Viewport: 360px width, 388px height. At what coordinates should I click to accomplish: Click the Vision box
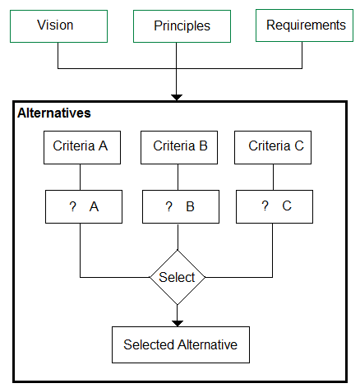coord(58,26)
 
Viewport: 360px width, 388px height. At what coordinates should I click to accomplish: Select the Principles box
coord(182,26)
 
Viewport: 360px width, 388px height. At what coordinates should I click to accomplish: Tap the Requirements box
coord(304,25)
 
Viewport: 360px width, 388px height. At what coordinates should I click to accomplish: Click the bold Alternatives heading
coord(54,113)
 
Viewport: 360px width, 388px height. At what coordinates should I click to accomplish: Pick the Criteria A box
coord(82,147)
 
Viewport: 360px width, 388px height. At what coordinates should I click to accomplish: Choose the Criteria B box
coord(179,147)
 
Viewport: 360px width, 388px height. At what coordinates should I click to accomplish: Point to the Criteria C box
coord(273,147)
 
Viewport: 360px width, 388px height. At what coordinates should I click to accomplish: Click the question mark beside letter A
coord(72,206)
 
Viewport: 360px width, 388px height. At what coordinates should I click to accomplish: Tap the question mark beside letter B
coord(168,206)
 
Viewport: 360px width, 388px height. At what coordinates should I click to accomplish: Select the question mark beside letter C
coord(265,206)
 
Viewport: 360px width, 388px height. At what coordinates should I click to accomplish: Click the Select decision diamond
coord(178,277)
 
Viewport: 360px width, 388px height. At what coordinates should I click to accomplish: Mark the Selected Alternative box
coord(181,344)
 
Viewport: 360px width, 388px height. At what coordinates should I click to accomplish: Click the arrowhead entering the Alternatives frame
coord(177,98)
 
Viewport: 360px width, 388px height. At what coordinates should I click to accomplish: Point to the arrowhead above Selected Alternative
coord(178,324)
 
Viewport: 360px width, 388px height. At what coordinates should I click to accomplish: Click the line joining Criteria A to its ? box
coord(80,178)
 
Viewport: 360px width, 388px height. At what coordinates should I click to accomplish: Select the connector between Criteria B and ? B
coord(178,178)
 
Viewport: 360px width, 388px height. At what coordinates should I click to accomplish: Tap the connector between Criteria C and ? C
coord(273,178)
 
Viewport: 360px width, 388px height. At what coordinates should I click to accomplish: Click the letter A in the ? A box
coord(94,206)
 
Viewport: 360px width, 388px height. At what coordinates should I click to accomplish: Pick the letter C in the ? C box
coord(287,206)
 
